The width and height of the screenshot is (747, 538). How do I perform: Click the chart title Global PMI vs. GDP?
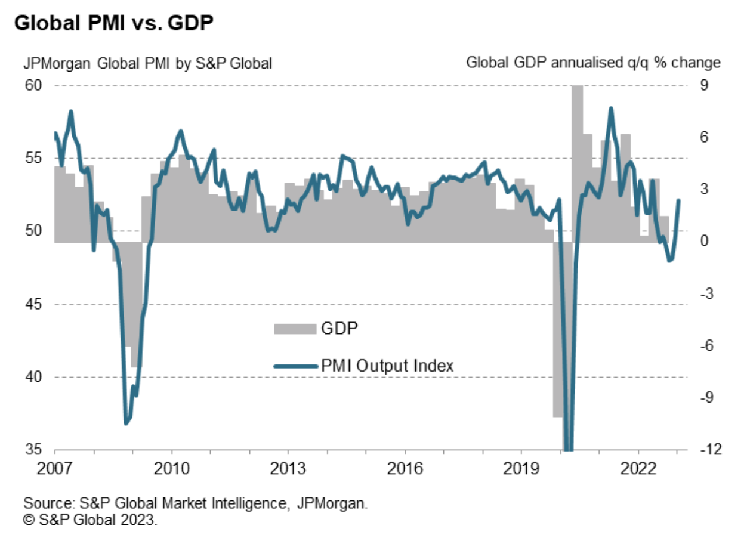click(x=114, y=24)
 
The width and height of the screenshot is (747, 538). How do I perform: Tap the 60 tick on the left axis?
click(x=34, y=86)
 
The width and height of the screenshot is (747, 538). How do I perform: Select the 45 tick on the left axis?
click(x=34, y=304)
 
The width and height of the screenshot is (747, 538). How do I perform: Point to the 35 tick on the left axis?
click(x=34, y=450)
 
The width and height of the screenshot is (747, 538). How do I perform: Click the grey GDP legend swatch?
click(x=295, y=328)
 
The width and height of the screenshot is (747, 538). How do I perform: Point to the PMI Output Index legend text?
click(x=387, y=366)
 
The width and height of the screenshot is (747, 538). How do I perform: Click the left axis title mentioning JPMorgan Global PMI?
click(x=147, y=63)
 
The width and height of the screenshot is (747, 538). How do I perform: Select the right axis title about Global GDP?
click(x=593, y=63)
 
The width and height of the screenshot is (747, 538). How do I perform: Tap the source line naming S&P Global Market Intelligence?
click(x=196, y=504)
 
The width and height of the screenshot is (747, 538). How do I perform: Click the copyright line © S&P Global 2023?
click(x=90, y=520)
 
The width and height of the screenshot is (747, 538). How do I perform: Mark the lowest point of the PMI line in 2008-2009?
click(x=126, y=423)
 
